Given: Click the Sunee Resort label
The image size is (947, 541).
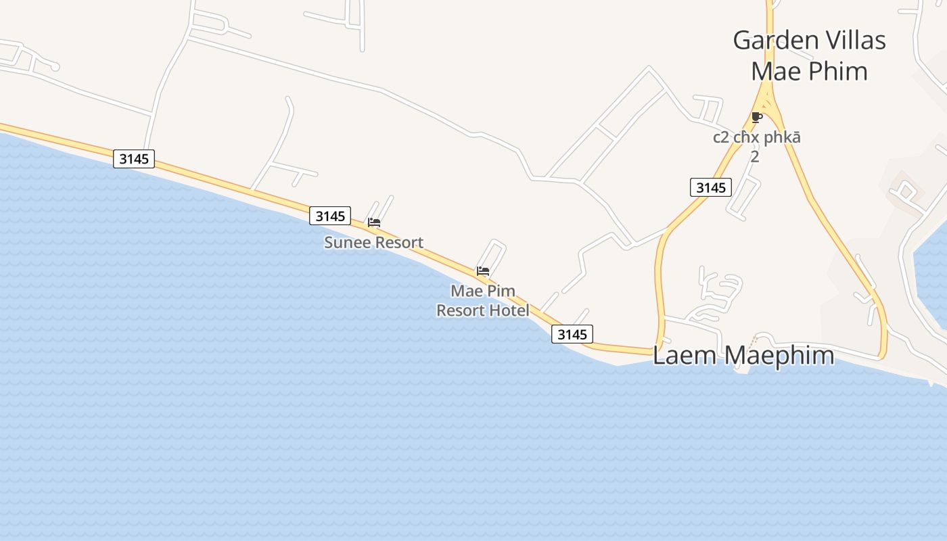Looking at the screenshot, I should coord(373,242).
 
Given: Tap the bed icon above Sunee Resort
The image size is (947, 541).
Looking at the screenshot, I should coord(374,222).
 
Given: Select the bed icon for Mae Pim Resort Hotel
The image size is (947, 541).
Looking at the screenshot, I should coord(483,271).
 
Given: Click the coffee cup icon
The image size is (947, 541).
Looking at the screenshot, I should coord(757,118).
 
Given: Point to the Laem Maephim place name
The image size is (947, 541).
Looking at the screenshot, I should coord(743,355).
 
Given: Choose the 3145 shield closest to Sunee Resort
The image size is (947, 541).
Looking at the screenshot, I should coord(330,216).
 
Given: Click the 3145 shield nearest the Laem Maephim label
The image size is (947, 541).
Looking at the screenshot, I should coord(572,333).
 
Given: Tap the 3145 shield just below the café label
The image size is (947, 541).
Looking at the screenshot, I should coord(711,187).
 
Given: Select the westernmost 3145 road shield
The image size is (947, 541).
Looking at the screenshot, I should coord(134,159).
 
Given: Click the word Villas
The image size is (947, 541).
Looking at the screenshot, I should coord(850,41).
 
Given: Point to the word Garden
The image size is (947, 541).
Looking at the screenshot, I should coord(772,41).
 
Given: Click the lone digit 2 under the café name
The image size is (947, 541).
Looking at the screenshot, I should coord(755,157).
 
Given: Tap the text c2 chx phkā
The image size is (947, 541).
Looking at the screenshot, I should coord(757,137).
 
